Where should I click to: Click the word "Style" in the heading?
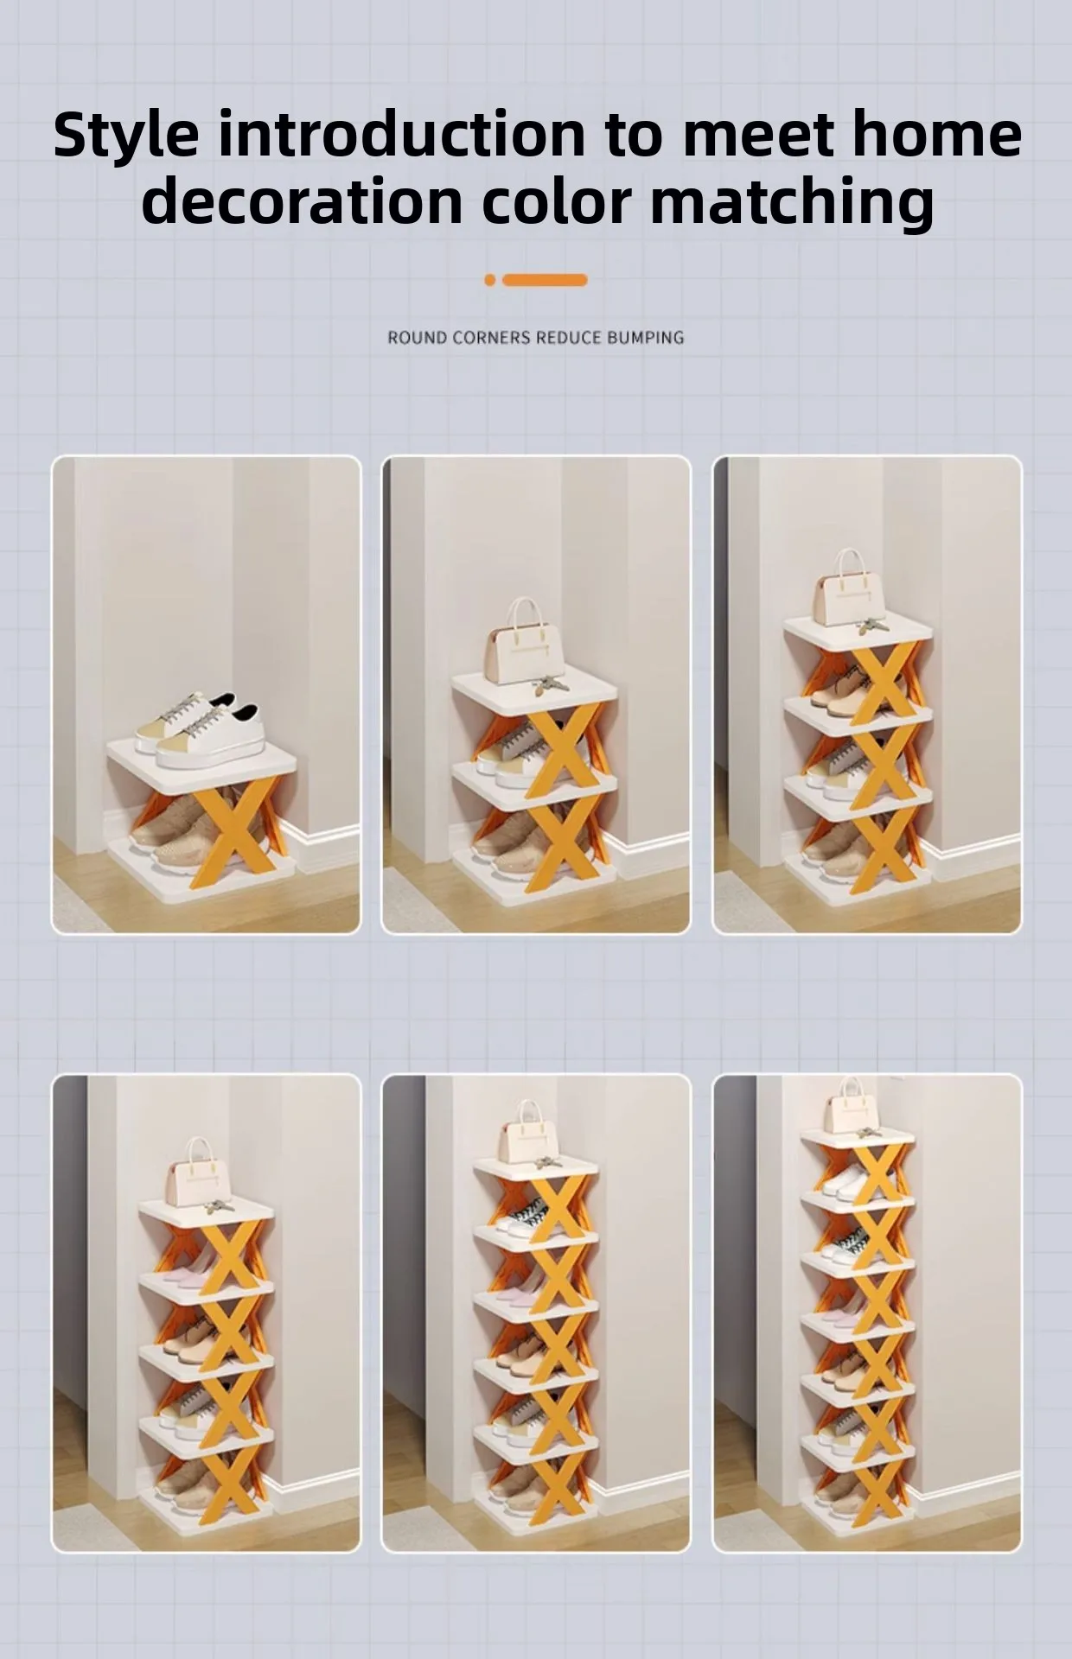coord(126,135)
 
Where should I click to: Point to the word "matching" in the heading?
coord(792,203)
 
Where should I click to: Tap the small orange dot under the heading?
coord(490,280)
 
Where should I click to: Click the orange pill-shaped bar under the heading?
coord(545,280)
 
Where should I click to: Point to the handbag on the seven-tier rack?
coord(852,1105)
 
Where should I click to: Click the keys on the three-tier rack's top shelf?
coord(549,684)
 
